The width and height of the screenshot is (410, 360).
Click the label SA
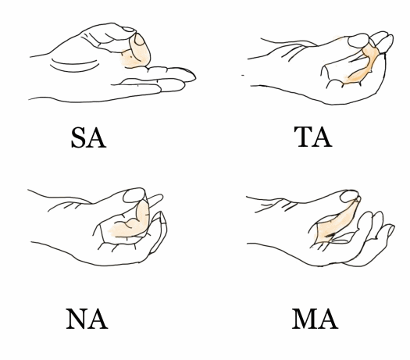pos(89,137)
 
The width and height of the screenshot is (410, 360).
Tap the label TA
pos(313,137)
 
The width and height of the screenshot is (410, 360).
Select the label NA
pos(87,319)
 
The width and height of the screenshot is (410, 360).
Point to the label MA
pos(315,319)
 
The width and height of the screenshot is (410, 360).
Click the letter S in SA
pos(79,137)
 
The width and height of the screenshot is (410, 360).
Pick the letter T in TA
pos(303,137)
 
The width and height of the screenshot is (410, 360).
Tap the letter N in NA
pos(77,319)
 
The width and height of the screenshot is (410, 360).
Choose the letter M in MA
pos(304,319)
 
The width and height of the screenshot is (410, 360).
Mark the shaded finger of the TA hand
pos(363,66)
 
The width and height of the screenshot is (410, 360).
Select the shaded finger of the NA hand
pos(134,223)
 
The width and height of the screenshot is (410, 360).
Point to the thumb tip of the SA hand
pos(130,29)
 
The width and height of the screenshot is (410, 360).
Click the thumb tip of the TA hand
pos(358,41)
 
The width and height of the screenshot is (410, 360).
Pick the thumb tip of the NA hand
pos(134,195)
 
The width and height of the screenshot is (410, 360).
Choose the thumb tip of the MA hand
pos(349,196)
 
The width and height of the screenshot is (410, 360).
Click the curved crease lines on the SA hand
pos(74,66)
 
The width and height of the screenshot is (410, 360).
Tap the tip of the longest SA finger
pos(195,77)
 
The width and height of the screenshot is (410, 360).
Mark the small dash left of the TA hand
pos(243,75)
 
